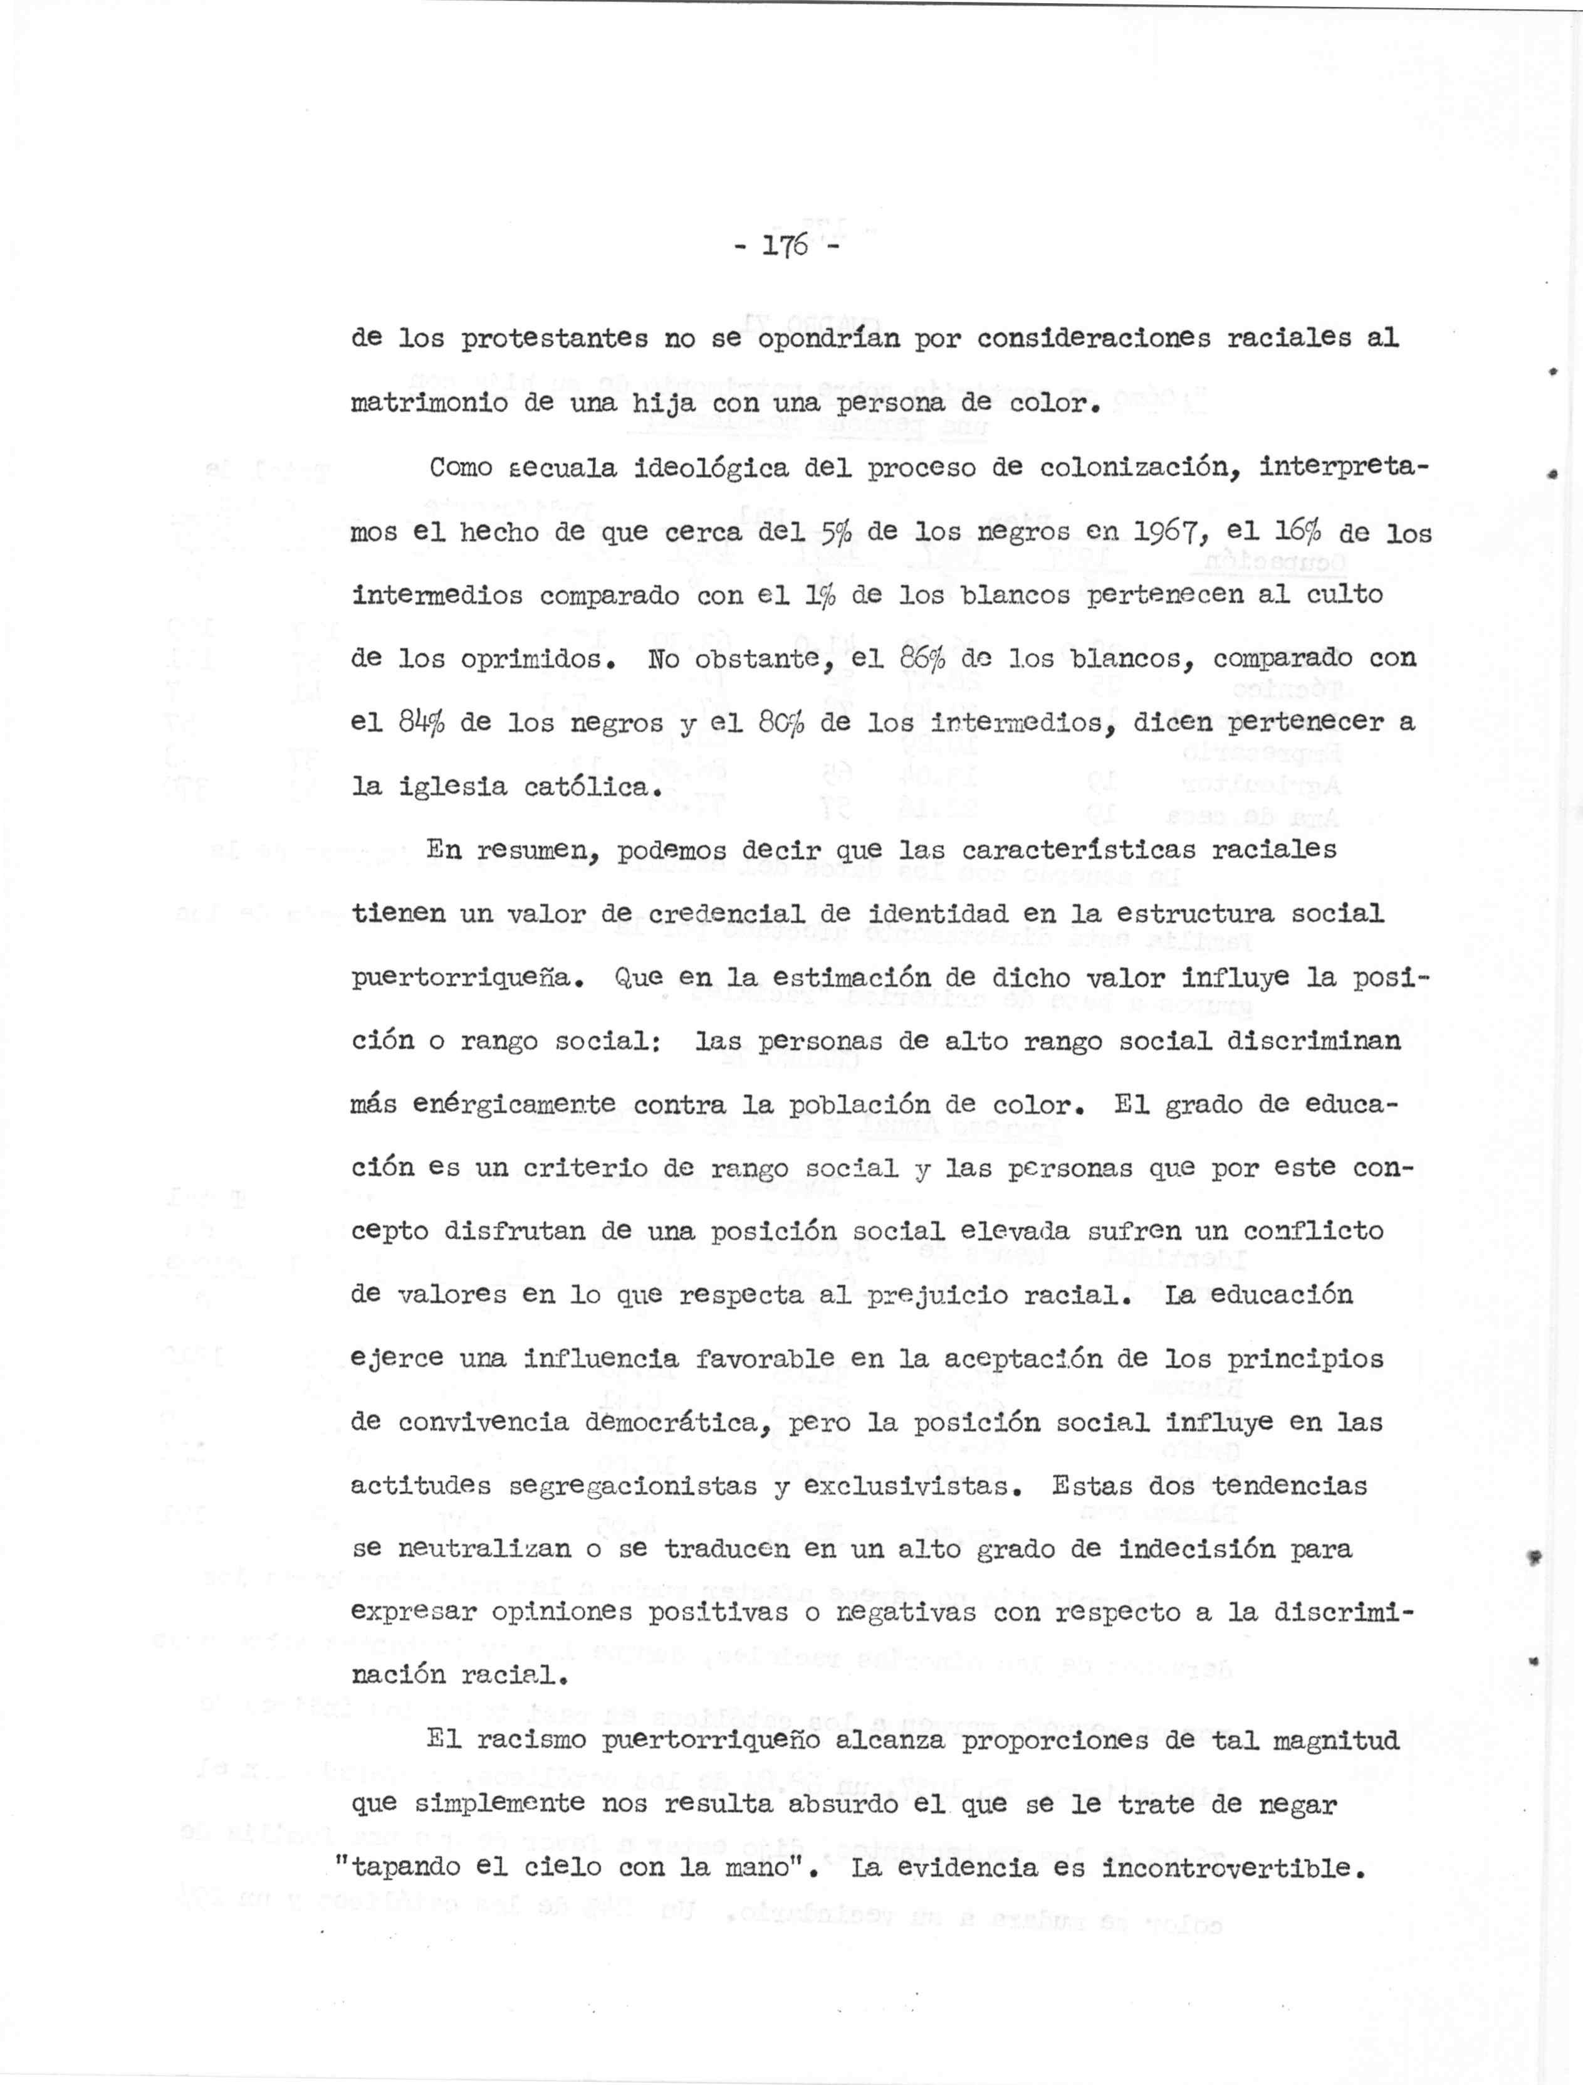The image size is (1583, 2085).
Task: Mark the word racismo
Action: (531, 1740)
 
